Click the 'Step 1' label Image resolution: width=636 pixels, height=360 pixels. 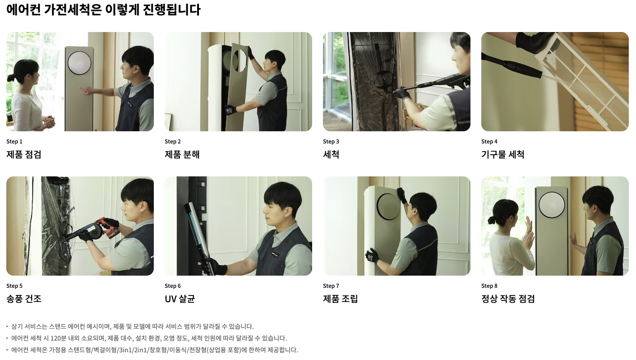[14, 141]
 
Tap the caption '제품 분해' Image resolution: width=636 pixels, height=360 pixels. [182, 154]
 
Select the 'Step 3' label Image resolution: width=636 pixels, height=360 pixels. [331, 141]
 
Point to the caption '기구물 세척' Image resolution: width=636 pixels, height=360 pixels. [502, 154]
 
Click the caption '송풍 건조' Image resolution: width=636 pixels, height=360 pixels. [24, 299]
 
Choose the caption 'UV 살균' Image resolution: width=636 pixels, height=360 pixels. [180, 299]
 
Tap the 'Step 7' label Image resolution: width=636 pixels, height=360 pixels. [331, 286]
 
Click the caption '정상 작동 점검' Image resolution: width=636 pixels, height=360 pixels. [508, 299]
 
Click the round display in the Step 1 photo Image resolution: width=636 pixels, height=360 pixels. [79, 63]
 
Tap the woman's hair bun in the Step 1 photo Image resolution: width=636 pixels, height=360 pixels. [11, 77]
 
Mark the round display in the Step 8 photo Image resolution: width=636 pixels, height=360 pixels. [552, 205]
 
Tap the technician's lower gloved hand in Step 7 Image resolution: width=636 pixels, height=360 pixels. [372, 255]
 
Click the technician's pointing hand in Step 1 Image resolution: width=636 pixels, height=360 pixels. [86, 91]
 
